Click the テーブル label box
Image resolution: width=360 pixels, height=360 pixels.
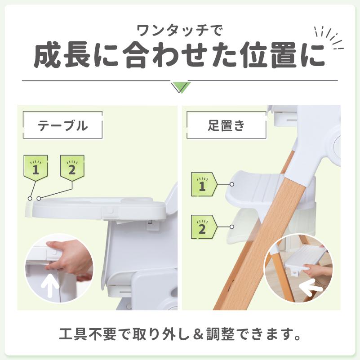click(x=62, y=125)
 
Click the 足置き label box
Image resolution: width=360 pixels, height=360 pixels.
click(x=226, y=125)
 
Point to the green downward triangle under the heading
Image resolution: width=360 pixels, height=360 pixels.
click(x=181, y=86)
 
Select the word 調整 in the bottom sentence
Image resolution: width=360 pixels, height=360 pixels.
click(x=219, y=335)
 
